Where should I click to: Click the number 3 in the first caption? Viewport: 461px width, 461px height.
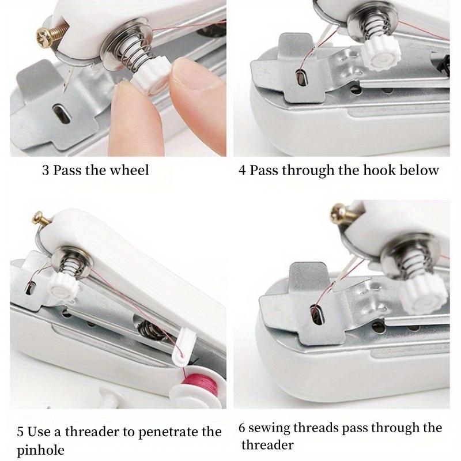pos(45,171)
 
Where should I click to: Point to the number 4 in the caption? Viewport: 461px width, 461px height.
pos(243,171)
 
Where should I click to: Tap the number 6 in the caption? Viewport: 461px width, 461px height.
pos(243,428)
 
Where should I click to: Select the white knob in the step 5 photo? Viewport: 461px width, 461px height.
pos(59,282)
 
